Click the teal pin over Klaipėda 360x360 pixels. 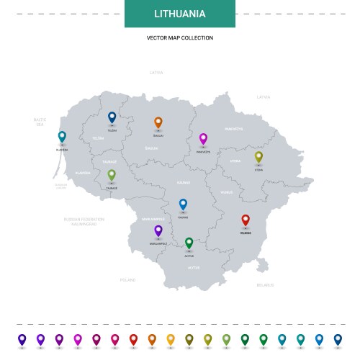62,136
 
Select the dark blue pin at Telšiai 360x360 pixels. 112,117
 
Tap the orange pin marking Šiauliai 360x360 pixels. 158,122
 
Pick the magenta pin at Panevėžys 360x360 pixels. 203,138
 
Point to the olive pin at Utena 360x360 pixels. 258,156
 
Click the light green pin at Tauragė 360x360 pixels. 112,174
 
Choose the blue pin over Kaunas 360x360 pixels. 183,204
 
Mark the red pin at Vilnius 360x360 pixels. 246,220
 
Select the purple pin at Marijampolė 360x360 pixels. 158,230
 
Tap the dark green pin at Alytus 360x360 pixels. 189,243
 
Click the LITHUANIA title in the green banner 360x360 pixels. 180,14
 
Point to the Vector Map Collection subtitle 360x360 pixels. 180,37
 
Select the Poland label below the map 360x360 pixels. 128,279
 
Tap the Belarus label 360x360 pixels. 265,284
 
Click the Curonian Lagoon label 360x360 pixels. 60,186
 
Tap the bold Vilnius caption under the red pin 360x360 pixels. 246,233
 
